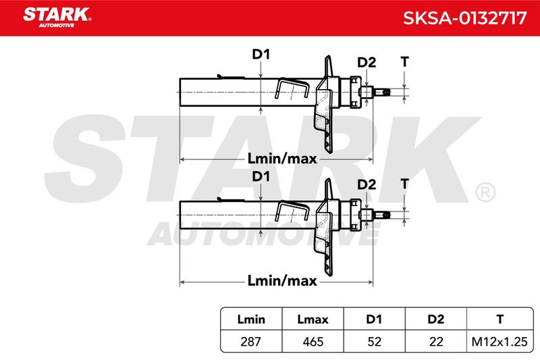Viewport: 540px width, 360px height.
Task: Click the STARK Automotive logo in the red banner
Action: (x=57, y=18)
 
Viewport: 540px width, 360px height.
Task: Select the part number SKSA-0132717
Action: (x=464, y=18)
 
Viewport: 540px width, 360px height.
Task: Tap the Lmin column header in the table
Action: (x=251, y=319)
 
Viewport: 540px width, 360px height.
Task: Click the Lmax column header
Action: (x=313, y=319)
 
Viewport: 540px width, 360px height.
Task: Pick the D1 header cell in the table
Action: (x=374, y=319)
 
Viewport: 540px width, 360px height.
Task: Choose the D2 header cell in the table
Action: (x=435, y=319)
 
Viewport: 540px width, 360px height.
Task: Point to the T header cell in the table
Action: (x=500, y=319)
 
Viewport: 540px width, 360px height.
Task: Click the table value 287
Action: (x=250, y=341)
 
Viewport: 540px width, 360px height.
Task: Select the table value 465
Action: (x=313, y=341)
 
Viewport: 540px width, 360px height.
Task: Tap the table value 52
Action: (x=374, y=341)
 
